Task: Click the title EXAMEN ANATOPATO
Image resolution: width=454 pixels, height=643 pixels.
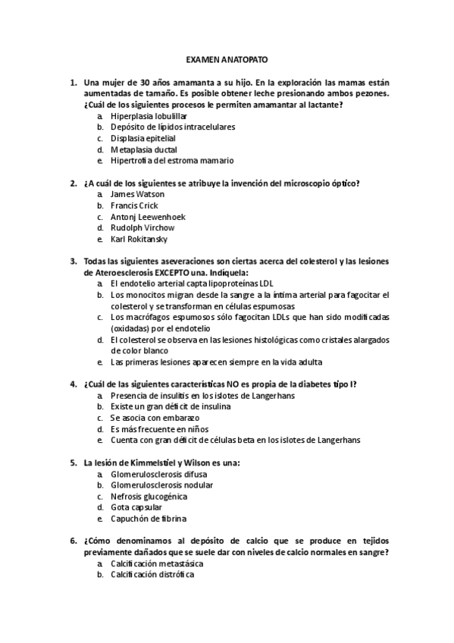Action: pyautogui.click(x=227, y=58)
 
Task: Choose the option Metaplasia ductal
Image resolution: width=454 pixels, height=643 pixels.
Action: pyautogui.click(x=143, y=149)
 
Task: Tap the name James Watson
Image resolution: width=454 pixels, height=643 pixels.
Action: pyautogui.click(x=137, y=194)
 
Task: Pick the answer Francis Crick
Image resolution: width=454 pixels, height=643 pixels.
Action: pyautogui.click(x=134, y=205)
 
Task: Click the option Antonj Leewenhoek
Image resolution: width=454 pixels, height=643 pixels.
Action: pyautogui.click(x=148, y=217)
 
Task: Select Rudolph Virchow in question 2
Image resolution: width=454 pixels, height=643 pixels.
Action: pyautogui.click(x=142, y=227)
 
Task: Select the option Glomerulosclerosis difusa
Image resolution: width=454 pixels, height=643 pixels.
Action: pyautogui.click(x=158, y=474)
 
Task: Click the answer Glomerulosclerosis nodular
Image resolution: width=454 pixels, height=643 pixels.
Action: pyautogui.click(x=161, y=485)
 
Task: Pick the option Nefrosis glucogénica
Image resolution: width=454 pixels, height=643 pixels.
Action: pyautogui.click(x=149, y=496)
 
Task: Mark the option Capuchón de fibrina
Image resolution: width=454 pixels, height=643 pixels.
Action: pyautogui.click(x=149, y=519)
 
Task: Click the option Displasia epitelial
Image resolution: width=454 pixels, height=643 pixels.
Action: pyautogui.click(x=142, y=139)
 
